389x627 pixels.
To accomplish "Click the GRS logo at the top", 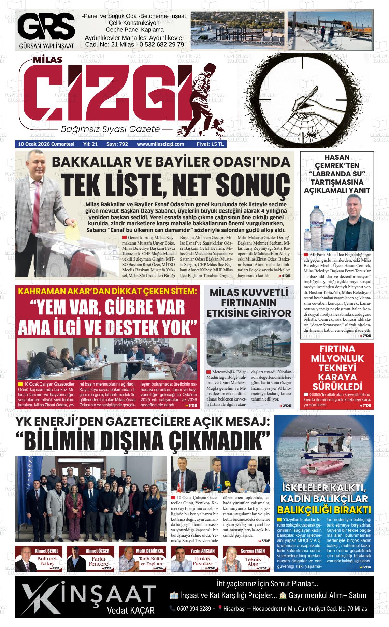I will click(x=46, y=27).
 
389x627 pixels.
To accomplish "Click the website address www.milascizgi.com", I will click(x=160, y=144).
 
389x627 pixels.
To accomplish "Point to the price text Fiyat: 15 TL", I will click(x=210, y=144).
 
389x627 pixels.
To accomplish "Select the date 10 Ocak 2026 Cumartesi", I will click(x=46, y=144).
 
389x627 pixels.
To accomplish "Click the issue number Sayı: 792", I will click(x=117, y=144).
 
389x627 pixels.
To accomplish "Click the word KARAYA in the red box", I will click(x=337, y=377).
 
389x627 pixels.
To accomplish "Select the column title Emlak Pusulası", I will click(x=203, y=561).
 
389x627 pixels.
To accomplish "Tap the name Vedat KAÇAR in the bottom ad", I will click(x=131, y=610).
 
